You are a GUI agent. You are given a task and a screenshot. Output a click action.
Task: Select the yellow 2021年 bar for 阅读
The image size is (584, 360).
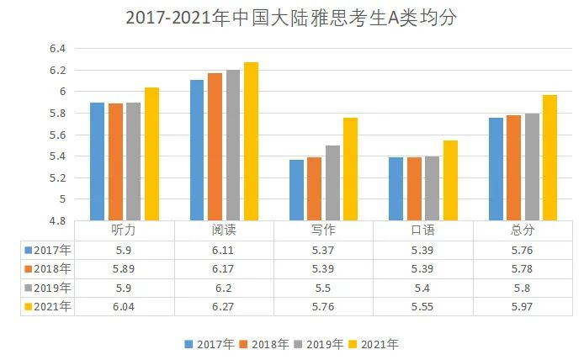point(252,141)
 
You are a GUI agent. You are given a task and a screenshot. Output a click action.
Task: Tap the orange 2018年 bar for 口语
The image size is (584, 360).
point(414,189)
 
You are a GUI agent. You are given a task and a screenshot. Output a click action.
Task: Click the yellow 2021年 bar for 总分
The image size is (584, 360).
point(550,158)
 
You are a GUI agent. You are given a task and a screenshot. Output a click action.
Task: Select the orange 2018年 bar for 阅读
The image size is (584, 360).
point(215,147)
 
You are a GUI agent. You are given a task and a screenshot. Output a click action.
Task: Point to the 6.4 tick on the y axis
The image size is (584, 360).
point(57,49)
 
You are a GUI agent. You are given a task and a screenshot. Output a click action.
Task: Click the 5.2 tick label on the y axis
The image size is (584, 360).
point(57,177)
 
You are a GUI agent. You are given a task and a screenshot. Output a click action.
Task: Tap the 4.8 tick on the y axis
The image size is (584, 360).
point(57,220)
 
